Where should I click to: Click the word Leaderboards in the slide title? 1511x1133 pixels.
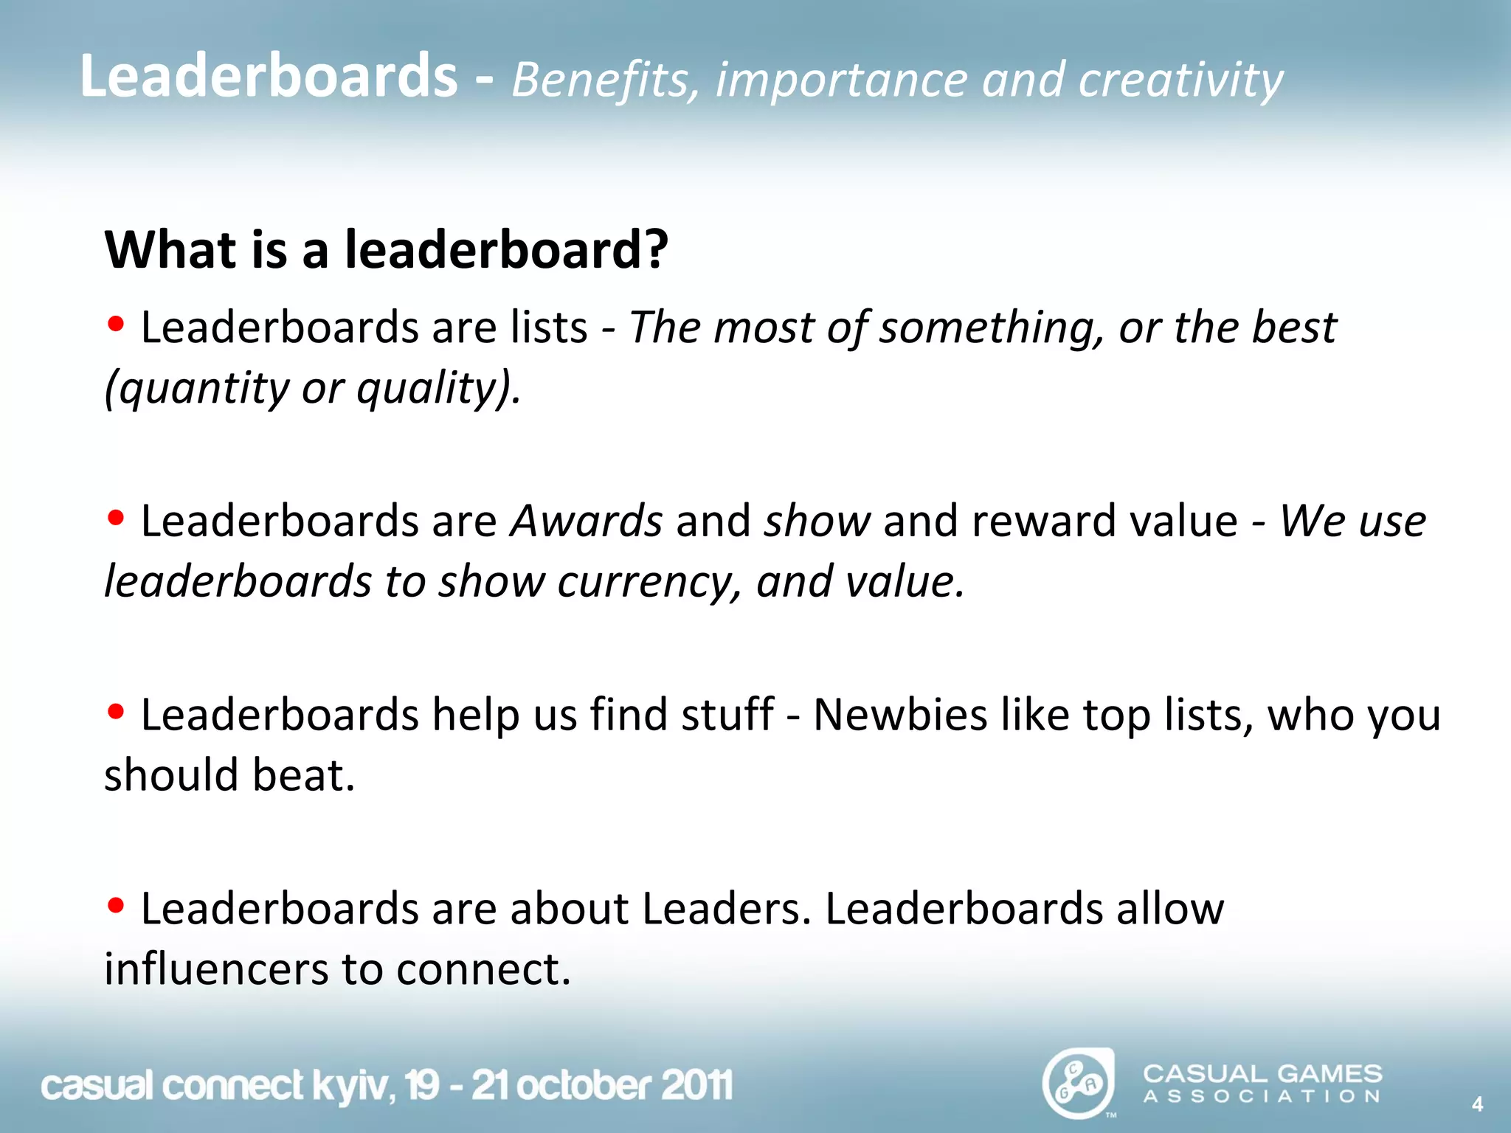[x=269, y=76]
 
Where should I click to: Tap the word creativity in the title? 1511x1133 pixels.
[x=1180, y=80]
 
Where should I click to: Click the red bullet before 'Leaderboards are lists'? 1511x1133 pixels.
[x=115, y=324]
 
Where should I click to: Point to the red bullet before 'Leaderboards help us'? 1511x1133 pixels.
[x=115, y=712]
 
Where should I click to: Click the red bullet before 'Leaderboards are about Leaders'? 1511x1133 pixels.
[x=115, y=905]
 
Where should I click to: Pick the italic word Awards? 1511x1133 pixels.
[x=587, y=521]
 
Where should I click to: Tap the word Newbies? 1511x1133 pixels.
[x=899, y=715]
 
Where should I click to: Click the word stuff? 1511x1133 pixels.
[x=727, y=715]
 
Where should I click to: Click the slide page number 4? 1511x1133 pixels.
[x=1477, y=1104]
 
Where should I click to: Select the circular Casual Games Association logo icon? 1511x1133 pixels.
[x=1077, y=1084]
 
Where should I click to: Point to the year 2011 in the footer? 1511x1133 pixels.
[x=696, y=1086]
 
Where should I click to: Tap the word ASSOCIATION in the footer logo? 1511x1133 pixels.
[x=1262, y=1097]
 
